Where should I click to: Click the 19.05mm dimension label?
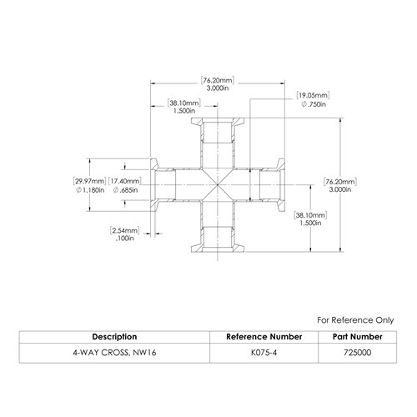(x=313, y=95)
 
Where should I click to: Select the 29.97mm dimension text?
(x=89, y=181)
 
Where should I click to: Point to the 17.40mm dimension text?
(x=125, y=181)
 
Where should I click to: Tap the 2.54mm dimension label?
(x=125, y=230)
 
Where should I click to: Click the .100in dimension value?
(x=125, y=239)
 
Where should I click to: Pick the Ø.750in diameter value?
(x=314, y=104)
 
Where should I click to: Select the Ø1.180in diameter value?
(x=90, y=190)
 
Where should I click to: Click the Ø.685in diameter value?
(x=125, y=190)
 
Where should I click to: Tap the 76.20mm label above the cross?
(x=218, y=80)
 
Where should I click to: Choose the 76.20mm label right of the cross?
(x=340, y=182)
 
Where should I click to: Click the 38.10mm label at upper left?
(x=184, y=103)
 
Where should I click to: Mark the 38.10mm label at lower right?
(x=310, y=215)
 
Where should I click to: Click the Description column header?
(x=114, y=337)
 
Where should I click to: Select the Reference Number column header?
(x=264, y=337)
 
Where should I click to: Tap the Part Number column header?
(x=358, y=337)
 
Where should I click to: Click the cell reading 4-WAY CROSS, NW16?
(x=114, y=353)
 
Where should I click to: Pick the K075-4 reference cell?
(x=264, y=353)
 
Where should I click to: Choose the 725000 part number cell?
(x=358, y=353)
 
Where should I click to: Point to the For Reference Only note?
(x=355, y=320)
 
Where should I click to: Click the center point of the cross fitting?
(x=218, y=184)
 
